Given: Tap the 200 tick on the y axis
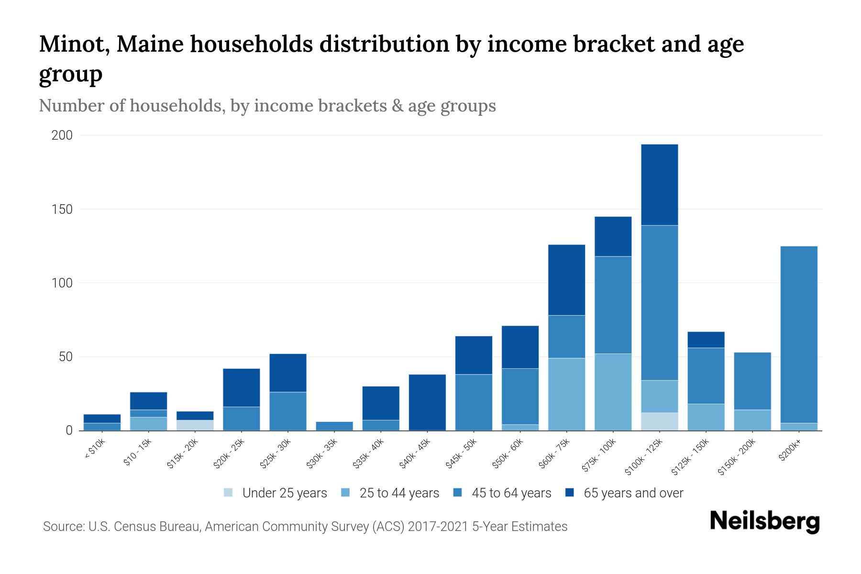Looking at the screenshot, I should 62,135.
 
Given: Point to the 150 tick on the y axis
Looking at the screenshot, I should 62,210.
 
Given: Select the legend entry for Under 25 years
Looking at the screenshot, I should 275,493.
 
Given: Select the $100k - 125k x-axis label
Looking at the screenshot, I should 644,457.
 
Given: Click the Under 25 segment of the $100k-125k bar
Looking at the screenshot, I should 660,421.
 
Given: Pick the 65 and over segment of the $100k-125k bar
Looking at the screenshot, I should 660,185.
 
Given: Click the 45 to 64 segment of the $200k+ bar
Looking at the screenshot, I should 799,334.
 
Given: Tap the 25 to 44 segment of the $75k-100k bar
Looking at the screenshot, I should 613,392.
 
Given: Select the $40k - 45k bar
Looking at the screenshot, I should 427,402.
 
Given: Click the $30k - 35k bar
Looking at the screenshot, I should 334,426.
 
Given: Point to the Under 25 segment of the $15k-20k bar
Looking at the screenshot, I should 195,425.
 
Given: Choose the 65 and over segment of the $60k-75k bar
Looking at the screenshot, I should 566,280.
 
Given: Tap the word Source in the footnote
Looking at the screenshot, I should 63,527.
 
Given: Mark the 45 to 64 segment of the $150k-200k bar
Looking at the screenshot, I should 752,381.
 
